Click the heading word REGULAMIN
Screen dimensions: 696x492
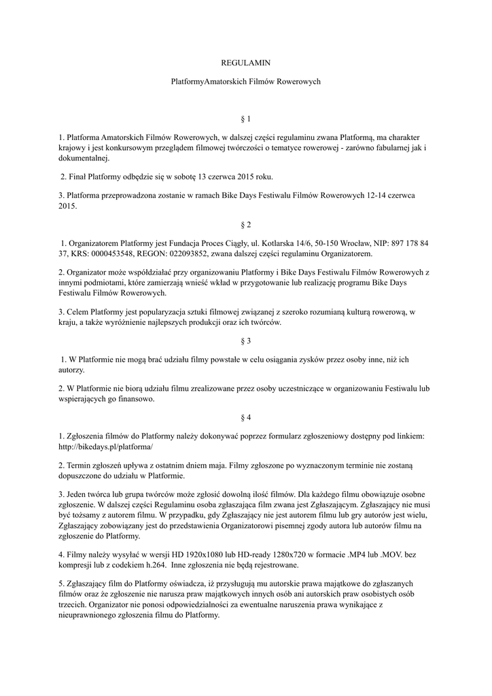[246, 63]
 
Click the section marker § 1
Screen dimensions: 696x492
[246, 118]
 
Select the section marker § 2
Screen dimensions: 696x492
[246, 224]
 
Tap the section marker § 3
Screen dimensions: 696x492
[246, 340]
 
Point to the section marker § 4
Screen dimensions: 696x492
[246, 417]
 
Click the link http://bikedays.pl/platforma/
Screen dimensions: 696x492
[106, 447]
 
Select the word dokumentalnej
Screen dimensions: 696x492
[84, 158]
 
